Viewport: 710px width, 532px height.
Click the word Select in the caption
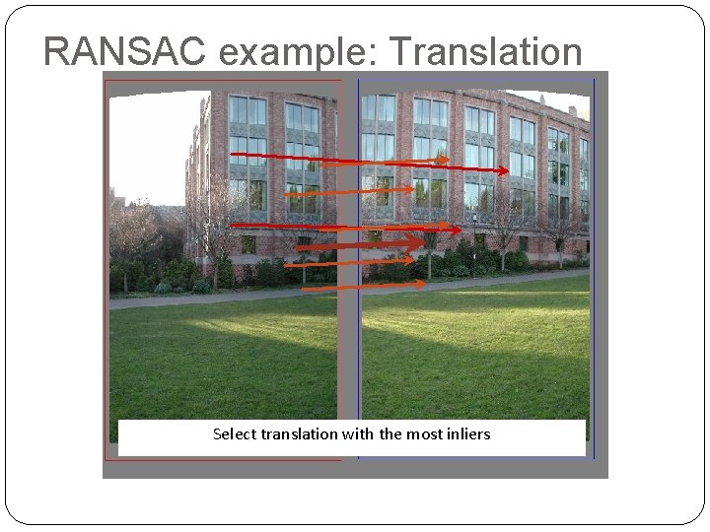tap(235, 433)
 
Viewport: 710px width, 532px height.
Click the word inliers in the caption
tap(468, 433)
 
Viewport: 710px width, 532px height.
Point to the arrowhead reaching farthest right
tap(504, 170)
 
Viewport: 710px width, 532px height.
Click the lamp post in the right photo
tap(474, 241)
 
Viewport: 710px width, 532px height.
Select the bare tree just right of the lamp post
tap(509, 227)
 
